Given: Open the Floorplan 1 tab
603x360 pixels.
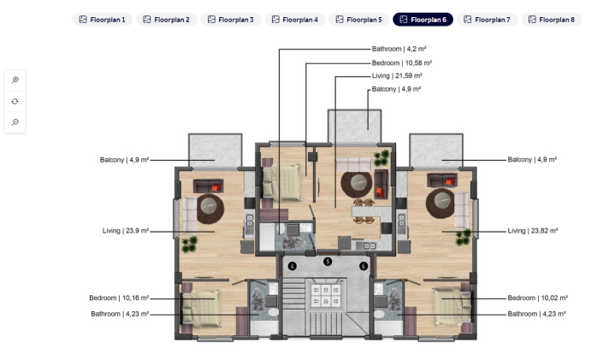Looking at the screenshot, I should click(x=102, y=19).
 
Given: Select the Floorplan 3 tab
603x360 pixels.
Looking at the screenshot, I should click(x=230, y=19).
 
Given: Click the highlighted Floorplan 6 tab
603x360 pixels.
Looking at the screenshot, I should click(x=423, y=19).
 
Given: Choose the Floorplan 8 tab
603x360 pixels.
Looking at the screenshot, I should click(x=551, y=19).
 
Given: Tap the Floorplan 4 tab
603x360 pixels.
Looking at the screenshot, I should click(x=294, y=19).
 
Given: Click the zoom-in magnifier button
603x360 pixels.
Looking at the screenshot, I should click(x=15, y=80).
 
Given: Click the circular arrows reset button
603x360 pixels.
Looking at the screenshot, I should click(x=15, y=101).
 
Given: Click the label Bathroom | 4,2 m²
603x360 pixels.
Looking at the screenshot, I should click(x=401, y=50).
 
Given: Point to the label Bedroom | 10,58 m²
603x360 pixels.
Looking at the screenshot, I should click(x=402, y=62).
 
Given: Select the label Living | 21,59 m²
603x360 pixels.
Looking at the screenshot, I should click(x=397, y=76).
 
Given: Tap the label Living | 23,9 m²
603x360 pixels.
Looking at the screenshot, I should click(x=125, y=231).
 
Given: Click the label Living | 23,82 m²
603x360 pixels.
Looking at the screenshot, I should click(x=532, y=231).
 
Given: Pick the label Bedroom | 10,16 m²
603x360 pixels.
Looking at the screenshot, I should click(x=119, y=298).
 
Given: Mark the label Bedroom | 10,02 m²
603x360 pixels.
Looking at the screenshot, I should click(x=537, y=298).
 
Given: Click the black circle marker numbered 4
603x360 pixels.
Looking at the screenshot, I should click(x=292, y=266).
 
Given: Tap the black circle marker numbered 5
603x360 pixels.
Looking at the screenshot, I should click(x=328, y=261).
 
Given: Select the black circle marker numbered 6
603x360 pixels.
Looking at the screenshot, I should click(x=364, y=266).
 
